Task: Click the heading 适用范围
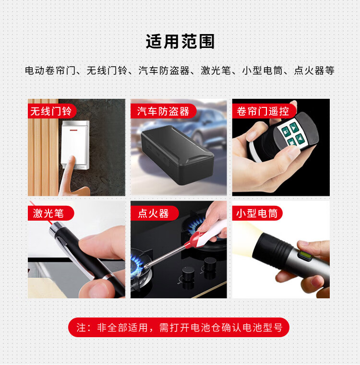[180, 42]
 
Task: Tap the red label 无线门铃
[50, 111]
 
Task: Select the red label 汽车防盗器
[163, 111]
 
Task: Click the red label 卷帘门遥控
[263, 111]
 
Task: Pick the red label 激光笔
[48, 213]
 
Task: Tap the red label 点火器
[153, 213]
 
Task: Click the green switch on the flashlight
[304, 255]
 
